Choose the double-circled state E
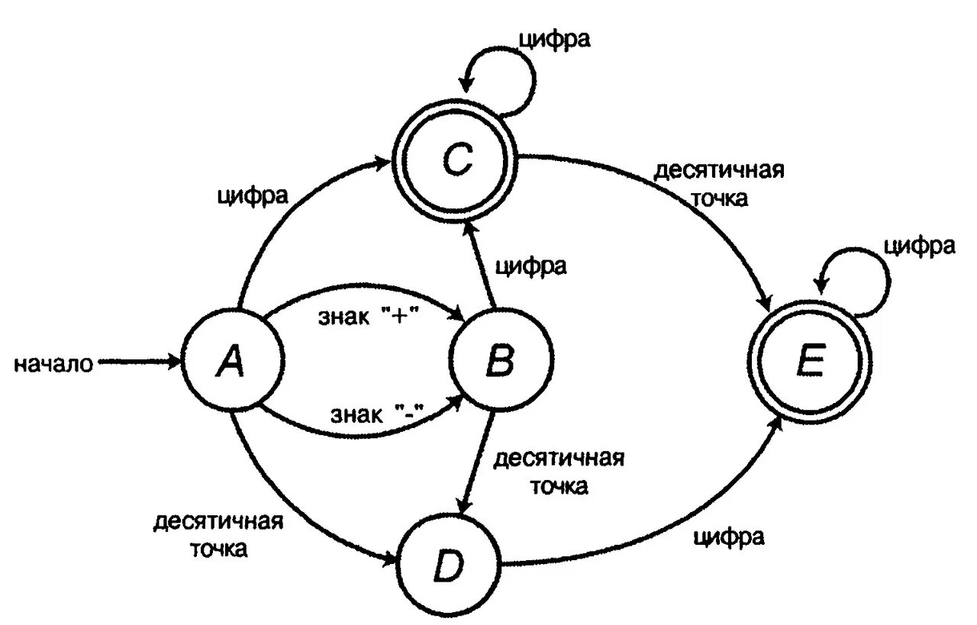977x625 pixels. (810, 363)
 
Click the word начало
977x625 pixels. (53, 365)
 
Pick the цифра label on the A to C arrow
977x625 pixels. (253, 196)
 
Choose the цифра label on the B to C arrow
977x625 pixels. (531, 266)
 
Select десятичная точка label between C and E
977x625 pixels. (719, 183)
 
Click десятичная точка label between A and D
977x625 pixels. (218, 535)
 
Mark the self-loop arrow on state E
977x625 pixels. (863, 279)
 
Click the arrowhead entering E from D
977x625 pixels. (775, 424)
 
